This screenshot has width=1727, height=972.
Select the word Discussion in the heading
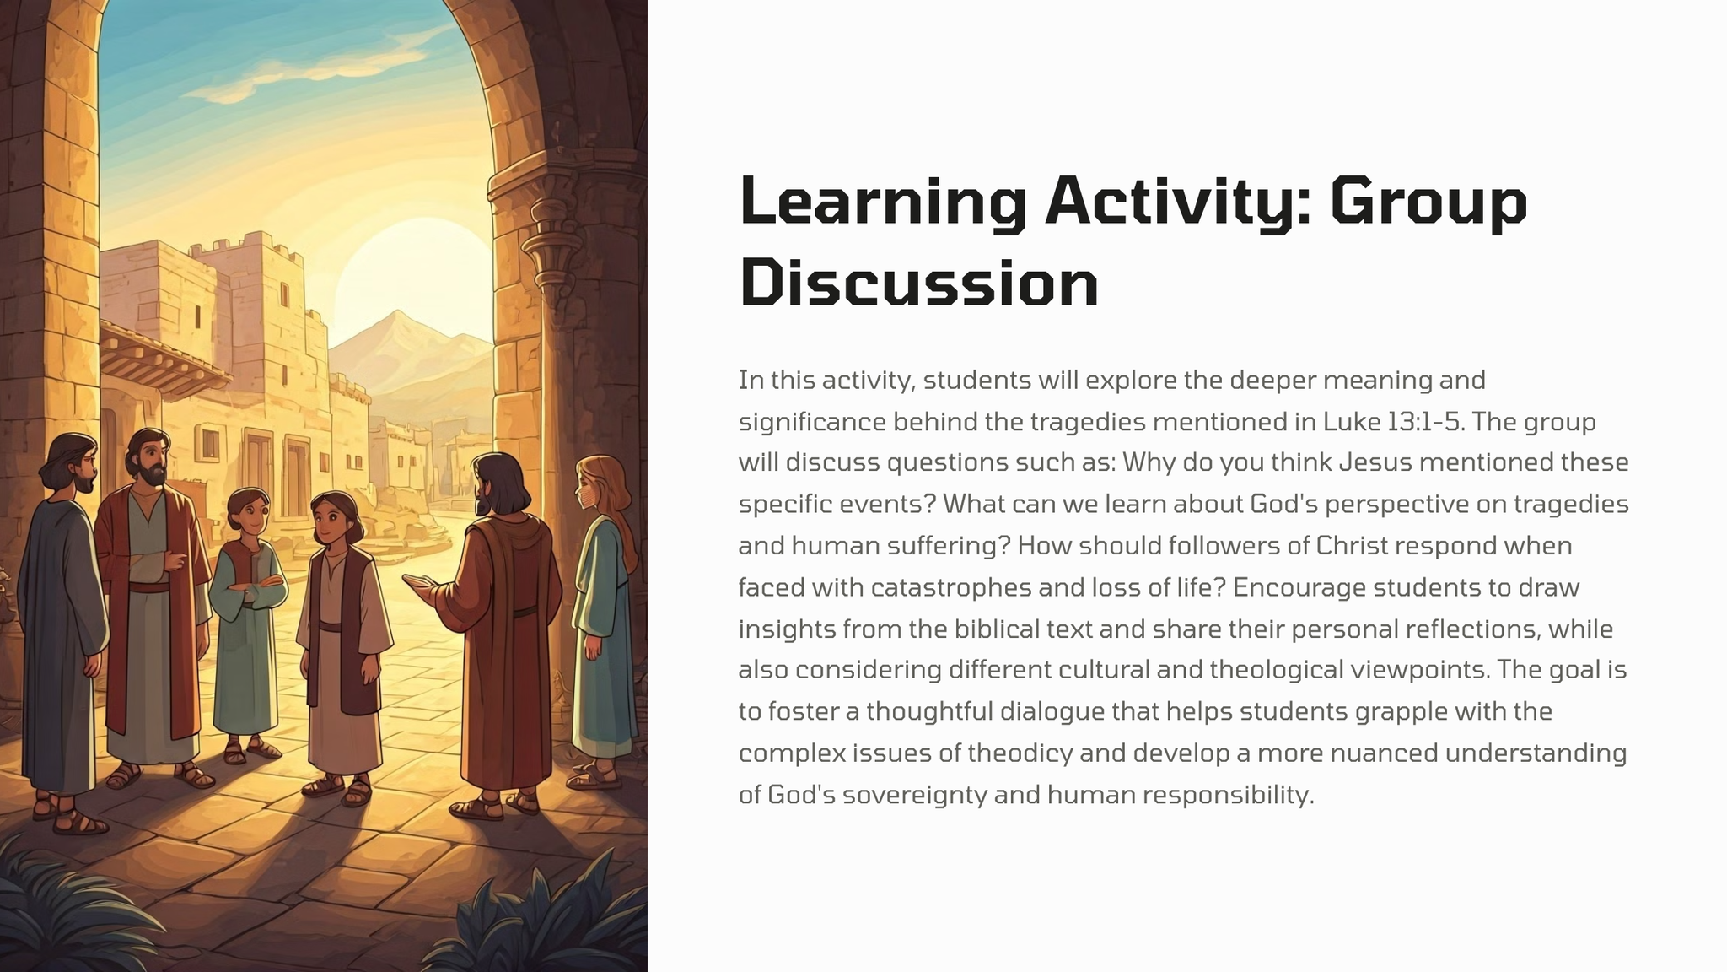click(919, 283)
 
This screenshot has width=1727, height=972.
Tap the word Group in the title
click(1428, 202)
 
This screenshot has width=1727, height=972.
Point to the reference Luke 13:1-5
click(1392, 421)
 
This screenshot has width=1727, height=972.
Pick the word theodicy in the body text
click(1020, 753)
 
